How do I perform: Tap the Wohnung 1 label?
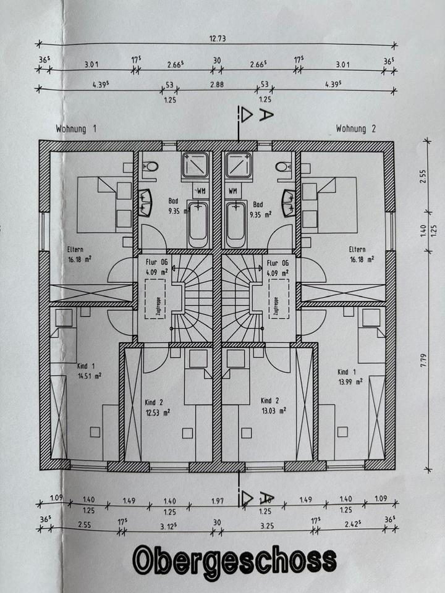(76, 129)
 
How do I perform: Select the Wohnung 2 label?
(355, 129)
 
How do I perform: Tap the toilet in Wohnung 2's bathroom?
(284, 166)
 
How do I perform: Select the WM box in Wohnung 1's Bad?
(200, 190)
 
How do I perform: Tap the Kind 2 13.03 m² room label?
(273, 405)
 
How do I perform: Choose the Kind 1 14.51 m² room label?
(88, 370)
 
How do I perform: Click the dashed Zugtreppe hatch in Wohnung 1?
(155, 298)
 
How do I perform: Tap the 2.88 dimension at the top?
(216, 83)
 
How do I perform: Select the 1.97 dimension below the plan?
(216, 500)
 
